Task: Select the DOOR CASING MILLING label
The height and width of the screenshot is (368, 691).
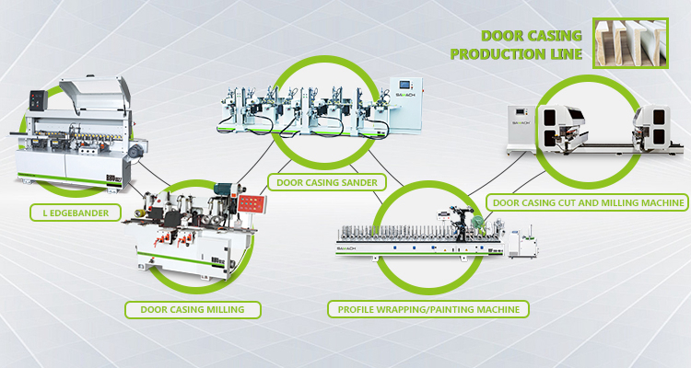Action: coord(192,309)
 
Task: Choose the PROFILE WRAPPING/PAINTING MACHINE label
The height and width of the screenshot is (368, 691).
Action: coord(428,309)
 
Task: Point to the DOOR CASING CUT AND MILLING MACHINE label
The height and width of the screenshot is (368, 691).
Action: coord(588,201)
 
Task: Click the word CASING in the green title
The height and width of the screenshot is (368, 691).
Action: coord(556,36)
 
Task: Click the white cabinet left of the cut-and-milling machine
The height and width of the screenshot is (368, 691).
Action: coord(518,126)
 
